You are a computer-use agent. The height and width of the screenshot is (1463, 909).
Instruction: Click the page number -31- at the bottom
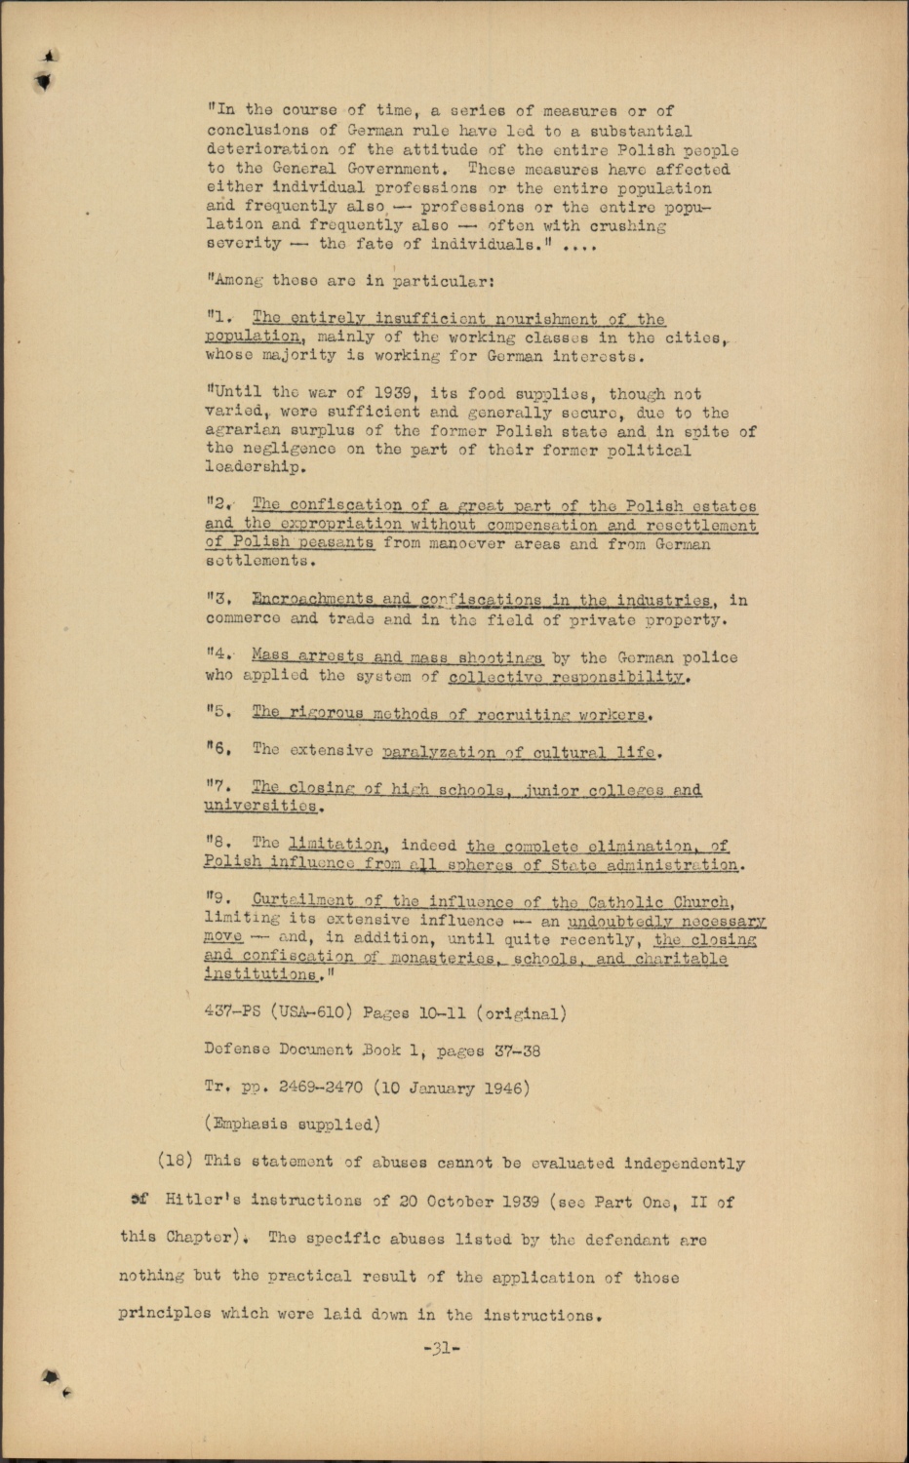[x=441, y=1349]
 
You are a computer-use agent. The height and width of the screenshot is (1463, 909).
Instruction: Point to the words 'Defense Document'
[x=278, y=1049]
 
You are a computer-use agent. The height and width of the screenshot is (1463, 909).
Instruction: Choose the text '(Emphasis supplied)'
[x=292, y=1124]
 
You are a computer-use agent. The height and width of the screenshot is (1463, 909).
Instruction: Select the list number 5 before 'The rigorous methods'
[x=217, y=712]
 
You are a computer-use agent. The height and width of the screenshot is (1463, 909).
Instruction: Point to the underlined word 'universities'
[x=261, y=807]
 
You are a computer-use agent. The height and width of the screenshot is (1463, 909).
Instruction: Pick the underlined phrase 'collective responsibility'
[x=568, y=676]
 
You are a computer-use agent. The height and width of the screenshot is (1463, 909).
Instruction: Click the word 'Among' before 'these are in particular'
[x=235, y=281]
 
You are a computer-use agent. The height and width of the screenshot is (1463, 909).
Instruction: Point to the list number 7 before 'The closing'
[x=217, y=788]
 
